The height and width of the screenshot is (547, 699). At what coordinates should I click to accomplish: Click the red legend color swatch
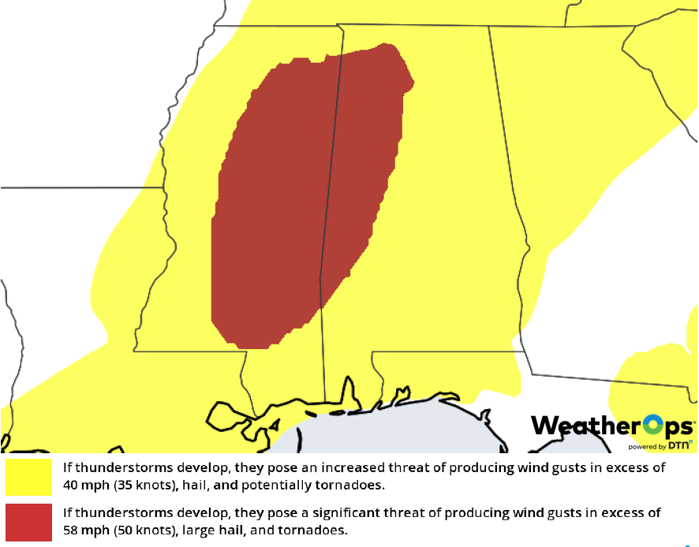(28, 521)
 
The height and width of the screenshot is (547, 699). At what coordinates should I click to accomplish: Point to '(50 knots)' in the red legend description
(141, 530)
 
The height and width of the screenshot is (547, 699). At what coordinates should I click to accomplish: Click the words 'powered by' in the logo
(646, 445)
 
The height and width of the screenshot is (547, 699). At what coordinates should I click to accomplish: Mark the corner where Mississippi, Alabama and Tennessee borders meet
(342, 25)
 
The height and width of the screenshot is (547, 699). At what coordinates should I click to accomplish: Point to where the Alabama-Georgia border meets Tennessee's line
(488, 27)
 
